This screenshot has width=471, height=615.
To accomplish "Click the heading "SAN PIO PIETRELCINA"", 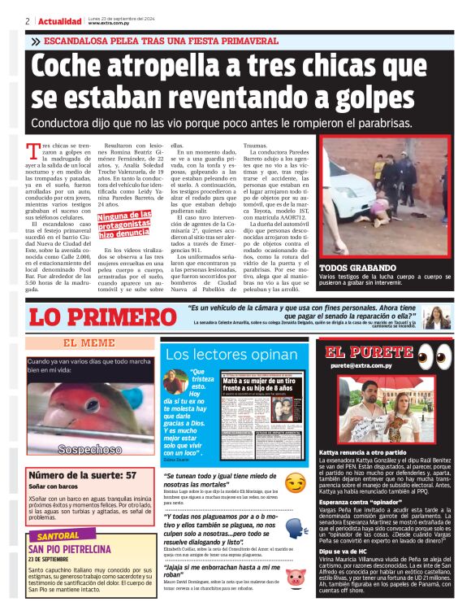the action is coord(66,549).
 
